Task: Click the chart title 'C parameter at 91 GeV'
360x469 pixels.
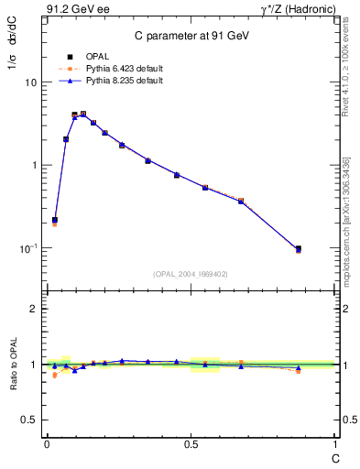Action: [191, 35]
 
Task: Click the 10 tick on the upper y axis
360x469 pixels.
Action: [30, 82]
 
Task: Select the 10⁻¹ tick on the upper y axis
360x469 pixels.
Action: [28, 248]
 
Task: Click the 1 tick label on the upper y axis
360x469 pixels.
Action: [33, 165]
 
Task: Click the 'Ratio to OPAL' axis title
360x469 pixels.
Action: [13, 364]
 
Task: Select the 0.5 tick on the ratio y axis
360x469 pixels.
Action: [29, 420]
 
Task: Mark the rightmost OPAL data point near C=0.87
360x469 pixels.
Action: [298, 248]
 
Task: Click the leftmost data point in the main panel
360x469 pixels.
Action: [55, 220]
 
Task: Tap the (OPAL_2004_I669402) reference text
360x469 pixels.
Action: [191, 273]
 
